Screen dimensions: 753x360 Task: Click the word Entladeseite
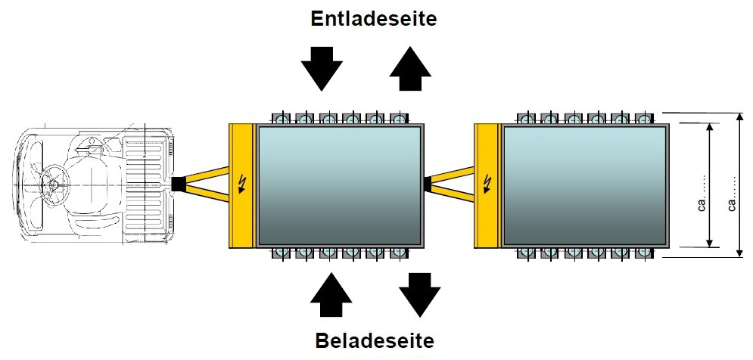[374, 19]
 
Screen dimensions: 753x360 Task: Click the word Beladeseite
[375, 341]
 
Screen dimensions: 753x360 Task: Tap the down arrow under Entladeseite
[322, 69]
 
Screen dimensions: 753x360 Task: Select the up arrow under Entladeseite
[410, 69]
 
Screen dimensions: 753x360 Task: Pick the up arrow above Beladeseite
[331, 295]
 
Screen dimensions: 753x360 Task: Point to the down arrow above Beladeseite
[420, 295]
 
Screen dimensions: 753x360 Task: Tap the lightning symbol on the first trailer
[241, 184]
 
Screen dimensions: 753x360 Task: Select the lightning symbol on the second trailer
[488, 184]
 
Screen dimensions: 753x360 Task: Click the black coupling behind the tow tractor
[178, 184]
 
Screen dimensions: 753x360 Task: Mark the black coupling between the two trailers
[428, 184]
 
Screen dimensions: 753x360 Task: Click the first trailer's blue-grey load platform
[339, 185]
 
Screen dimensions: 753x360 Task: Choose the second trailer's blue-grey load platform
[584, 185]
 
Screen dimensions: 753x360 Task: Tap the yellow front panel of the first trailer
[241, 186]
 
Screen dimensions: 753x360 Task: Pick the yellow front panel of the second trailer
[487, 186]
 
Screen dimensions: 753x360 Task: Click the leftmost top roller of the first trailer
[282, 118]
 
